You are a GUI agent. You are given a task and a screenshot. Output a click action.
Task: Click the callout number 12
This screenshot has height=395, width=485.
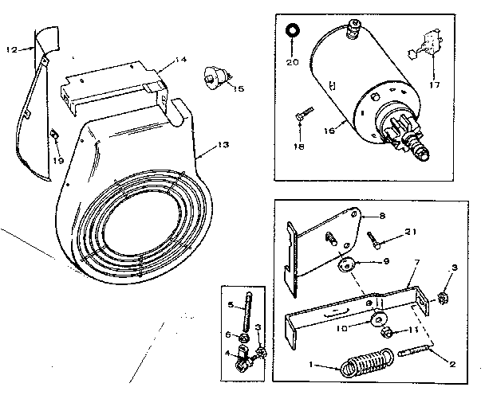10,49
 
